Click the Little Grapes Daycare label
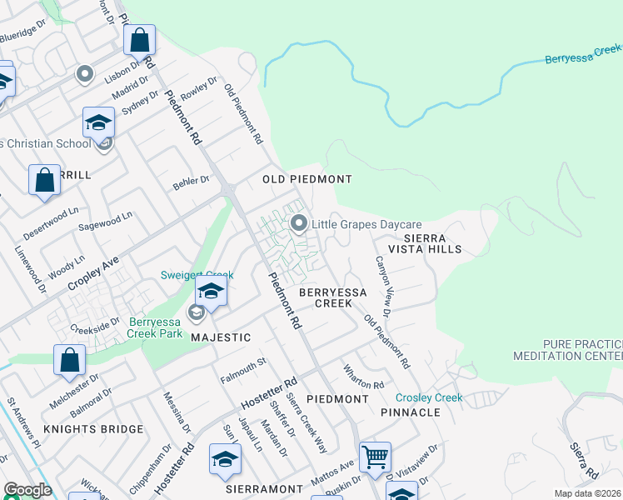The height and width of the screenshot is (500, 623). pyautogui.click(x=366, y=224)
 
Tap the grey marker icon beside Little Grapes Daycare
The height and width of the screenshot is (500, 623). pyautogui.click(x=298, y=223)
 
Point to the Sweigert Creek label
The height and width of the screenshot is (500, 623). pyautogui.click(x=195, y=276)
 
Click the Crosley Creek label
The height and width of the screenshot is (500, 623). pyautogui.click(x=429, y=397)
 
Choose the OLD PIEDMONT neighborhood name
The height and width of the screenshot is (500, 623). pyautogui.click(x=307, y=179)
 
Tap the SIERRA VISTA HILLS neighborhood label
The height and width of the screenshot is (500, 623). pyautogui.click(x=421, y=243)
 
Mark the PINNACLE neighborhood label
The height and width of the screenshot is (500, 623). pyautogui.click(x=410, y=412)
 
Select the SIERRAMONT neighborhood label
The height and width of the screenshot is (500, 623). pyautogui.click(x=263, y=488)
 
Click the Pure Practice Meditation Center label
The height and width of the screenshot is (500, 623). pyautogui.click(x=581, y=350)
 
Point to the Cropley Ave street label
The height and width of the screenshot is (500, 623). pyautogui.click(x=93, y=274)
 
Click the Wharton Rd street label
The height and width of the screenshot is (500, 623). pyautogui.click(x=364, y=376)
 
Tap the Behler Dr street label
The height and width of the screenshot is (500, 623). pyautogui.click(x=192, y=182)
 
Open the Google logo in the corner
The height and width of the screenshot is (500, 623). pyautogui.click(x=27, y=490)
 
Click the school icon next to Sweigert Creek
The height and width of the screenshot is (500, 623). pyautogui.click(x=212, y=292)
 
